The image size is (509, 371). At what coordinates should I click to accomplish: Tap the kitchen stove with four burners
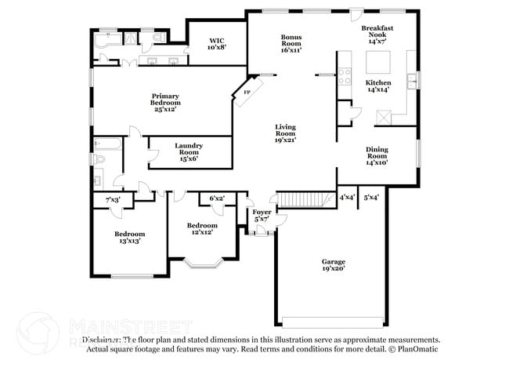click(x=344, y=77)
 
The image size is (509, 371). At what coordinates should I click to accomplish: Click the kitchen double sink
click(x=410, y=79)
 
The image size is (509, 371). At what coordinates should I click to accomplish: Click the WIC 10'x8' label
click(x=217, y=43)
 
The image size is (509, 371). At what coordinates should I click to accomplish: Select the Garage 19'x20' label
click(x=333, y=265)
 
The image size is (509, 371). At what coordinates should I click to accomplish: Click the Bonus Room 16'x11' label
click(x=291, y=42)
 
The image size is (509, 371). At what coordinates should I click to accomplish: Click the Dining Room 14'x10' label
click(x=377, y=156)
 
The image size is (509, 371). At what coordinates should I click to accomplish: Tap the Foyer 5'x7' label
click(x=261, y=215)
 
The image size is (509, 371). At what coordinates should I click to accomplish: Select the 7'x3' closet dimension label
click(x=113, y=201)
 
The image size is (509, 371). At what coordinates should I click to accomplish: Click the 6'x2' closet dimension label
click(x=216, y=198)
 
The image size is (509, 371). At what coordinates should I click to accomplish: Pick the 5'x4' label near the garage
click(x=370, y=197)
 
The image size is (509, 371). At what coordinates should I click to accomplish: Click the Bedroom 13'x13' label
click(x=129, y=238)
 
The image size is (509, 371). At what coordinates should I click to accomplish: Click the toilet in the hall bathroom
click(x=99, y=159)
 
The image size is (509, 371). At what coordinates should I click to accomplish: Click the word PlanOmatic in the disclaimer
click(x=416, y=348)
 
